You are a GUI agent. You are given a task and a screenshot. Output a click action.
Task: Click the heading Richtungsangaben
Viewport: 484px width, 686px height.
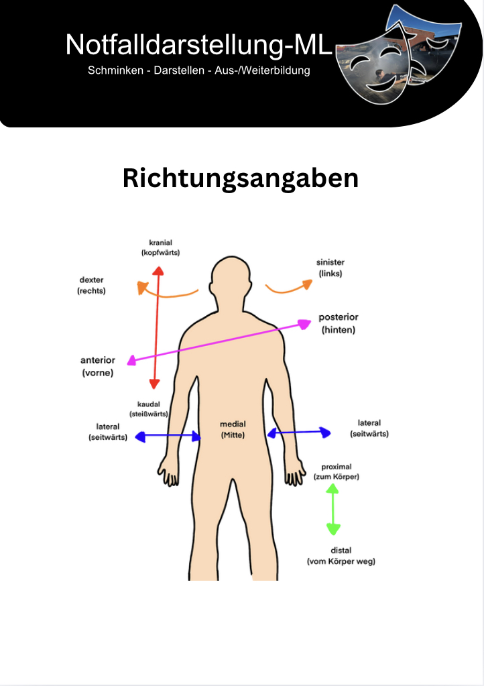[241, 178]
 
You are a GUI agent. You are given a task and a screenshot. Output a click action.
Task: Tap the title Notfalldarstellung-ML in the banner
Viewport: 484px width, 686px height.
[199, 45]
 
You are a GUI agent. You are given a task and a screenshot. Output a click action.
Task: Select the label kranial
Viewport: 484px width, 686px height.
[160, 242]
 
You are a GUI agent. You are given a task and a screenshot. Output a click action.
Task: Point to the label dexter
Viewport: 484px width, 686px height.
[91, 280]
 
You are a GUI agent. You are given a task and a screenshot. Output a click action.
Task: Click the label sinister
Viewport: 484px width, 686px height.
[330, 262]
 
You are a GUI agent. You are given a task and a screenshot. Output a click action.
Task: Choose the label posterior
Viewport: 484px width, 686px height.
[339, 317]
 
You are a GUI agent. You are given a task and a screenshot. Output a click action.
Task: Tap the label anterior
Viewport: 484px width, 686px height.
[97, 360]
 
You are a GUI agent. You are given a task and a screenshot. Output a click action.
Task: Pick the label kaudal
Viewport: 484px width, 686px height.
[149, 404]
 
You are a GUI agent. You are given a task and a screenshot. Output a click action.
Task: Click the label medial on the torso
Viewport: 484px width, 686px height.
[233, 424]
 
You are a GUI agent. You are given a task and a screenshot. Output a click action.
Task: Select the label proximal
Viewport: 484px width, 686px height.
[337, 467]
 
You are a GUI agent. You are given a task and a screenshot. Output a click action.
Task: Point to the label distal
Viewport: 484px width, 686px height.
[341, 551]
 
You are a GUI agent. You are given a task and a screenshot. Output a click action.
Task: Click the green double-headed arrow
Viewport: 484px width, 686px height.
[333, 509]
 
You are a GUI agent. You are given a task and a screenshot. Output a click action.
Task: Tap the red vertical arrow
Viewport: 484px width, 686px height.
[156, 328]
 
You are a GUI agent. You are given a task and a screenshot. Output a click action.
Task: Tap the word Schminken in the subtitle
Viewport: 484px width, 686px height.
[115, 70]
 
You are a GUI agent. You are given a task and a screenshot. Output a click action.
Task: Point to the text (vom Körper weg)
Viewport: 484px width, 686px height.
[341, 561]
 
